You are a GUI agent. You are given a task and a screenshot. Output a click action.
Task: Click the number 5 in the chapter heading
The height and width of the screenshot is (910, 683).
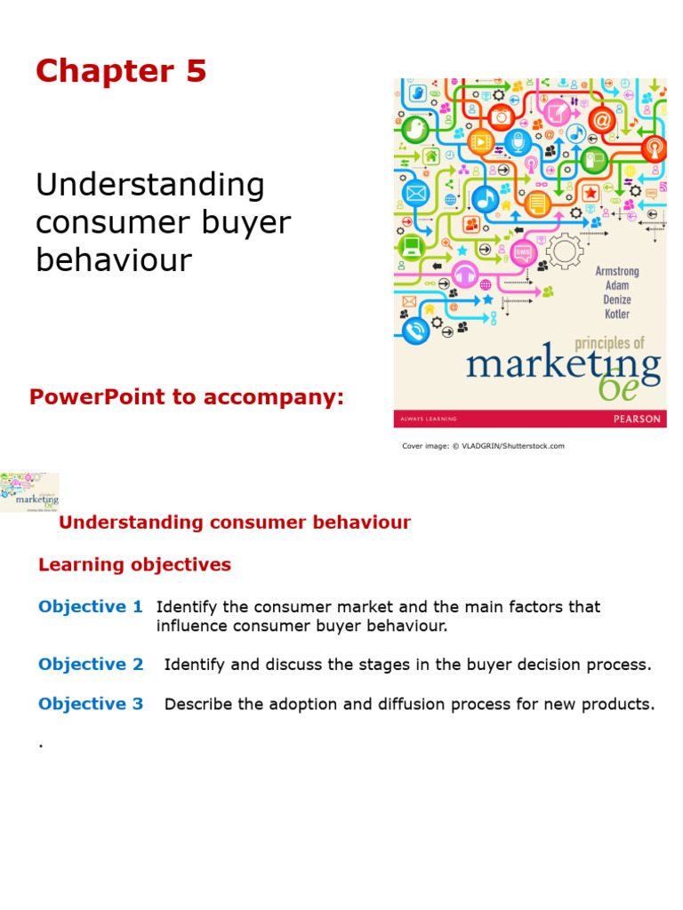tap(196, 71)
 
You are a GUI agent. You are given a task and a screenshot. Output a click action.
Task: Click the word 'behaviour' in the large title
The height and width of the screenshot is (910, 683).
tap(113, 259)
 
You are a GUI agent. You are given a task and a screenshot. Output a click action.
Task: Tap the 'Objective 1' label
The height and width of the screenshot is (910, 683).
tap(90, 607)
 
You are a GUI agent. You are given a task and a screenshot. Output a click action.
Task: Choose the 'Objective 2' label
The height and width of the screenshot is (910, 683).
tap(90, 665)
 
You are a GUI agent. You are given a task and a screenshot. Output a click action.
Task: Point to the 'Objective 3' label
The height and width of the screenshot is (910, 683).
tap(90, 704)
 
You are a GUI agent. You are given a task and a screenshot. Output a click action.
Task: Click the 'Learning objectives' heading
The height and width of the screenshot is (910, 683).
tap(134, 564)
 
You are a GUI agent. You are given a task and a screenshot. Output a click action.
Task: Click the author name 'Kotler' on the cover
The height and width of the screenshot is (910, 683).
tap(616, 314)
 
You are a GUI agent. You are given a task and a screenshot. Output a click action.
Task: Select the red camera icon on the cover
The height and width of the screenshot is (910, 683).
tap(502, 116)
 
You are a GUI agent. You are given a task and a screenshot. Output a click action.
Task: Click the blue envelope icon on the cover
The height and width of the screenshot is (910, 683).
tap(414, 193)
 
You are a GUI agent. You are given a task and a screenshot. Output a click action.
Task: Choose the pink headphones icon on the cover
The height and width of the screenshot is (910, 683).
tap(464, 275)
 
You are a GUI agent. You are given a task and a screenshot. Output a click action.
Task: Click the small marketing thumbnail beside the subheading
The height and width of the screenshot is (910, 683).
tap(29, 492)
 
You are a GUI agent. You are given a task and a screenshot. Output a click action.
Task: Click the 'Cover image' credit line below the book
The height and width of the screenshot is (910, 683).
tap(483, 446)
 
